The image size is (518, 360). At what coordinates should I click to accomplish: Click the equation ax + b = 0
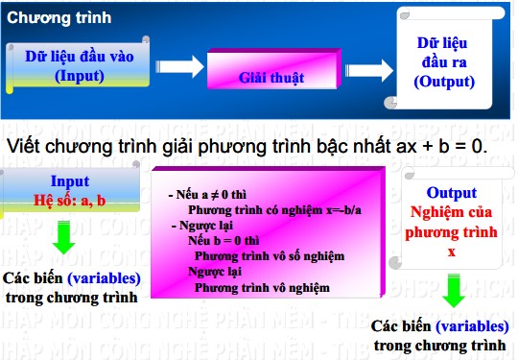coord(430,148)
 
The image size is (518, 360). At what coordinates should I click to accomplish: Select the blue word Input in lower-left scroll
coord(70,181)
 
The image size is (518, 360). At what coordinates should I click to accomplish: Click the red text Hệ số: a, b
coord(70,200)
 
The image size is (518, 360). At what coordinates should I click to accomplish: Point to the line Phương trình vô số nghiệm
coord(270,256)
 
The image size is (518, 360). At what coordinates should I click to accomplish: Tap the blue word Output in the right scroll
coord(451,193)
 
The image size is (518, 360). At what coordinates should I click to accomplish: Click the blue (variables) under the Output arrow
coord(473,326)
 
